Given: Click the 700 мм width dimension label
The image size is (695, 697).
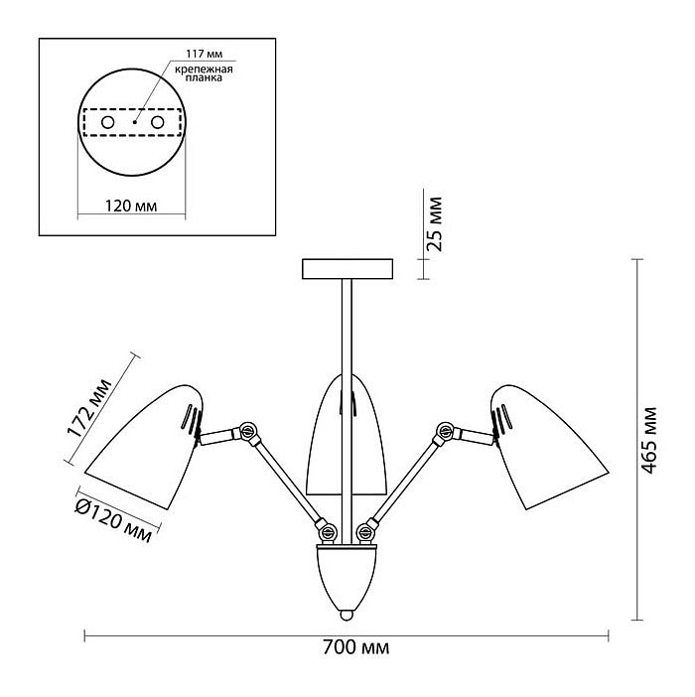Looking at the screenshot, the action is pos(355,647).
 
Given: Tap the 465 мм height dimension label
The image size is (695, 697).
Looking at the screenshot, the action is pos(649,440).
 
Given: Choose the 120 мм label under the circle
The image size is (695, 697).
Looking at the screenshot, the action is pos(131,206).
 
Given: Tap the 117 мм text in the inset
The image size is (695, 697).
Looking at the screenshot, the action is pos(204,54).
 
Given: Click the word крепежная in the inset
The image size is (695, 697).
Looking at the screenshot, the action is pos(204,70).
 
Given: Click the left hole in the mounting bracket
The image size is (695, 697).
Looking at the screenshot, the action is pos(108,122).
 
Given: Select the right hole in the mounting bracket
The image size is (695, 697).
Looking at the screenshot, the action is pos(158,122).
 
